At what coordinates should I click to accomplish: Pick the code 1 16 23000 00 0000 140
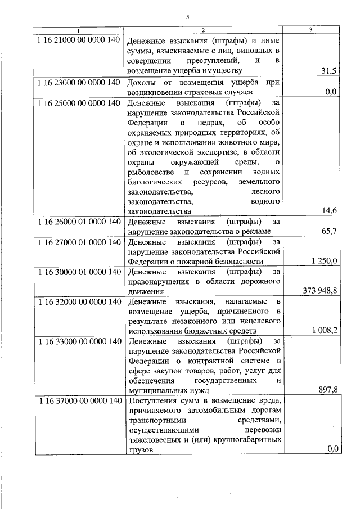pyautogui.click(x=78, y=82)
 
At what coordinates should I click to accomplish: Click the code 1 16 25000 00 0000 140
pyautogui.click(x=78, y=103)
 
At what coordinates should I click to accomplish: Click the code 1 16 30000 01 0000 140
pyautogui.click(x=78, y=272)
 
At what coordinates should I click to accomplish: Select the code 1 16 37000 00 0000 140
pyautogui.click(x=78, y=401)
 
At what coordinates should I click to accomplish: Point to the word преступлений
pyautogui.click(x=214, y=60)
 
